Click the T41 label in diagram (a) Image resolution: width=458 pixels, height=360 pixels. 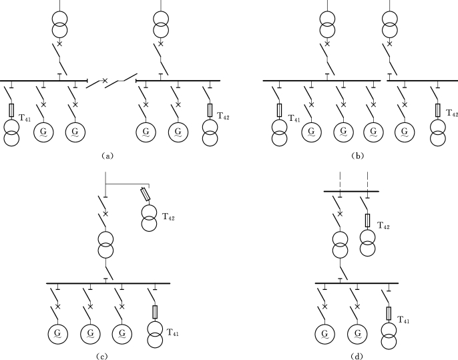coord(25,118)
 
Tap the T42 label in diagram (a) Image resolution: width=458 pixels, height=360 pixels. coord(224,117)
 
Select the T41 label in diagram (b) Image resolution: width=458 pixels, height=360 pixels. coord(295,118)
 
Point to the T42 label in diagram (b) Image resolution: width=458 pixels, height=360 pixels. coord(452,114)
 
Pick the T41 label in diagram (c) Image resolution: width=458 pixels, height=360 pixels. coord(173,331)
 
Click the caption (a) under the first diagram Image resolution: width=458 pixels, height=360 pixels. coord(107,155)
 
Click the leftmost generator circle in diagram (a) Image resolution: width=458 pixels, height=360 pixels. coord(44,132)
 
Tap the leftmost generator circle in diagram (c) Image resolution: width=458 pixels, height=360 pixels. coord(57,333)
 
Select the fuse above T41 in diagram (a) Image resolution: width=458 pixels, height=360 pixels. coord(12,110)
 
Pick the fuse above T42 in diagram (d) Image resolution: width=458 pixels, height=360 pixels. coord(367,219)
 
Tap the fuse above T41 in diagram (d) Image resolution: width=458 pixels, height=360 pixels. coord(389,313)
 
